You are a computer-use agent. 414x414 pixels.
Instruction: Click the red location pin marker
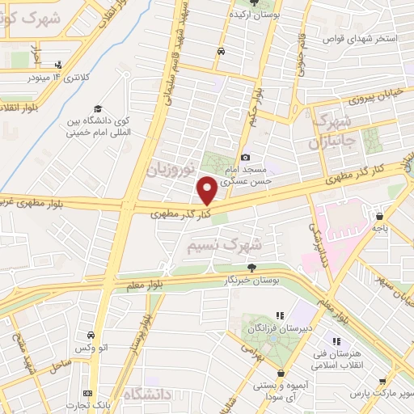click(x=207, y=190)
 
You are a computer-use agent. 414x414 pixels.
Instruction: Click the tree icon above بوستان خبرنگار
click(x=252, y=268)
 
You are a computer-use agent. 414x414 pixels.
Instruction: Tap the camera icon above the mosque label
click(x=246, y=158)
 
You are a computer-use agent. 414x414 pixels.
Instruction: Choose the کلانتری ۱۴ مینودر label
click(x=58, y=78)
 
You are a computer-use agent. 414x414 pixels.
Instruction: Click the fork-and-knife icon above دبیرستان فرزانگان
click(x=281, y=315)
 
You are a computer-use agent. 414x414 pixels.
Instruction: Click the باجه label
click(x=381, y=229)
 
